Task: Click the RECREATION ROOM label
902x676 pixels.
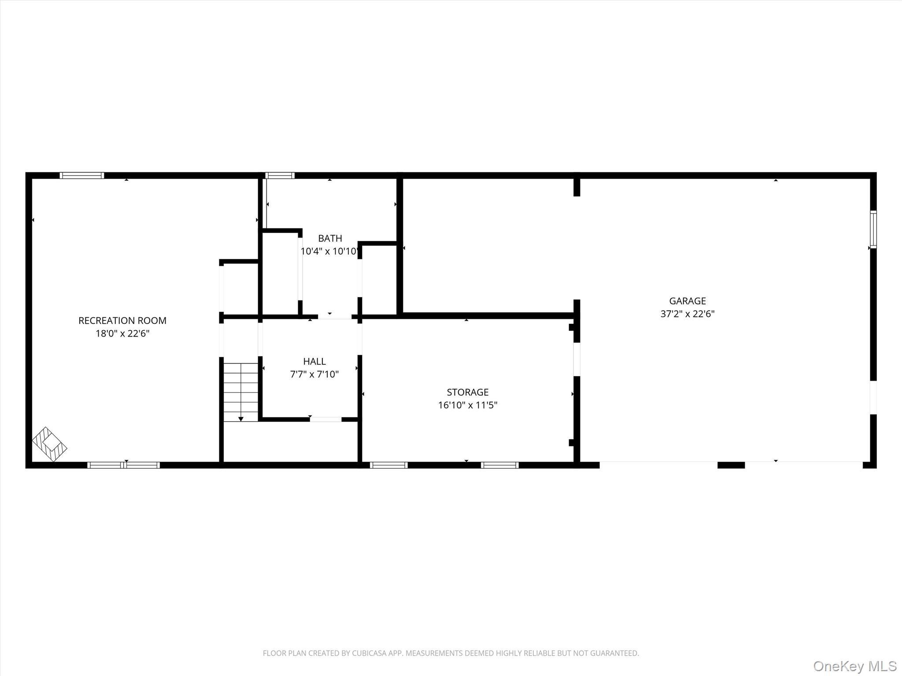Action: pyautogui.click(x=122, y=320)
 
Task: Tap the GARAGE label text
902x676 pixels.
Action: pyautogui.click(x=687, y=301)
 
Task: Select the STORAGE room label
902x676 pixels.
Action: pyautogui.click(x=467, y=392)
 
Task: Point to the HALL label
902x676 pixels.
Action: pyautogui.click(x=314, y=361)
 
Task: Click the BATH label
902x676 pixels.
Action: pyautogui.click(x=330, y=239)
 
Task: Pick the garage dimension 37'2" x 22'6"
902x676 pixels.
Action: pyautogui.click(x=687, y=314)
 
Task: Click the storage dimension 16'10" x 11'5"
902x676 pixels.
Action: pyautogui.click(x=467, y=405)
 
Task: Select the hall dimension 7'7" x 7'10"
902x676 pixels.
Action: pyautogui.click(x=314, y=375)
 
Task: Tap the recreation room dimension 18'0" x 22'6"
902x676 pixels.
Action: pyautogui.click(x=122, y=334)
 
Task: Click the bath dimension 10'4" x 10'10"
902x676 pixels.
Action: pyautogui.click(x=330, y=251)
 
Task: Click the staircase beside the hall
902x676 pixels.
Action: pyautogui.click(x=240, y=392)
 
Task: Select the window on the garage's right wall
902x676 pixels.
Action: pyautogui.click(x=873, y=229)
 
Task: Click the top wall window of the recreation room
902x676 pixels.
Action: pyautogui.click(x=82, y=175)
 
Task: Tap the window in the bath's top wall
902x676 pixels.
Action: pyautogui.click(x=280, y=175)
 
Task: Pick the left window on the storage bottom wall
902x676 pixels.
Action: pyautogui.click(x=388, y=465)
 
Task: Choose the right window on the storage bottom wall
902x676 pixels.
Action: pyautogui.click(x=499, y=465)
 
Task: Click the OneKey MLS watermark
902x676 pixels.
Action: pyautogui.click(x=855, y=666)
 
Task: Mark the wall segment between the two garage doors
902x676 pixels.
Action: pyautogui.click(x=731, y=465)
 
